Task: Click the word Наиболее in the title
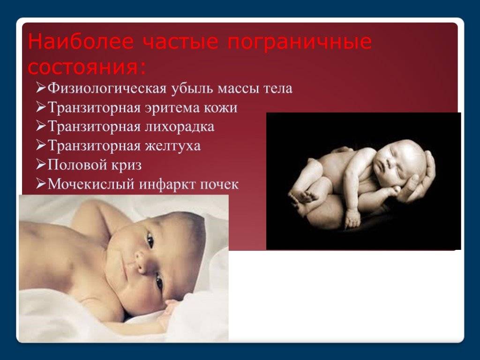pyautogui.click(x=81, y=42)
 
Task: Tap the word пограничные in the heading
pyautogui.click(x=300, y=43)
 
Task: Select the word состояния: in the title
pyautogui.click(x=87, y=67)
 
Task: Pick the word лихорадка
pyautogui.click(x=180, y=127)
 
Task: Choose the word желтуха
pyautogui.click(x=173, y=146)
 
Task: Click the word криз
pyautogui.click(x=127, y=165)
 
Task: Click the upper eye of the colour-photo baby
pyautogui.click(x=150, y=240)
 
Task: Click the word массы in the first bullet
pyautogui.click(x=239, y=89)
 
